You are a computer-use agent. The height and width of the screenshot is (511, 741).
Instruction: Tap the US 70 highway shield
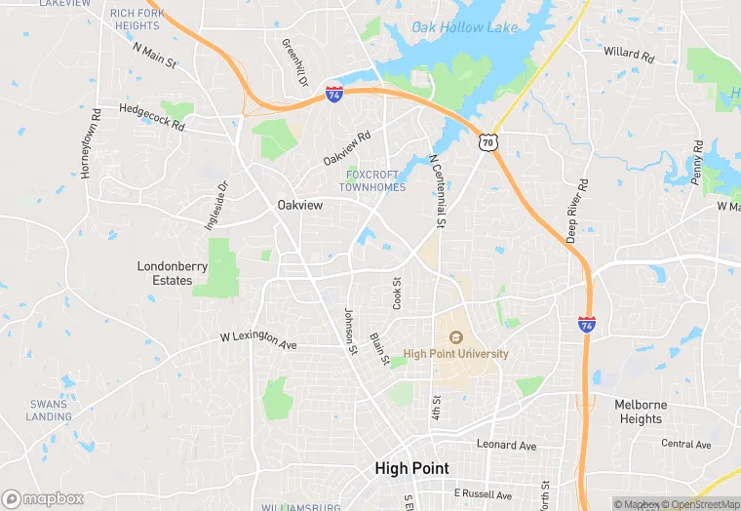pyautogui.click(x=488, y=142)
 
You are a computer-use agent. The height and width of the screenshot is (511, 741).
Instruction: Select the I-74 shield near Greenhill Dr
pyautogui.click(x=334, y=95)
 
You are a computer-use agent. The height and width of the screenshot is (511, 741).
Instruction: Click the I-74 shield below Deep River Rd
pyautogui.click(x=586, y=323)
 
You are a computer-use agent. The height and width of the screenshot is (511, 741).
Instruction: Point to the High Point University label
pyautogui.click(x=455, y=354)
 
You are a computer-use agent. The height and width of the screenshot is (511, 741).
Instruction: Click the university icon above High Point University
pyautogui.click(x=455, y=337)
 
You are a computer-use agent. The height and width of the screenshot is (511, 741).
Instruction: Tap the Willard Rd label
pyautogui.click(x=628, y=53)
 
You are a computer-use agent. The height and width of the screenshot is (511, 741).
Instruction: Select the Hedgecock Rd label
pyautogui.click(x=151, y=118)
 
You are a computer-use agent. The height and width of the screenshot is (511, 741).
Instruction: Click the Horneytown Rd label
pyautogui.click(x=90, y=141)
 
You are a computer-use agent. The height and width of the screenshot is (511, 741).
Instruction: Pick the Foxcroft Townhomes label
pyautogui.click(x=371, y=180)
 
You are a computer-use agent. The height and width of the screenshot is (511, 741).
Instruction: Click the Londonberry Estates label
pyautogui.click(x=165, y=272)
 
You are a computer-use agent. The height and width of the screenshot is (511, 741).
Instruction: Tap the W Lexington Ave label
pyautogui.click(x=258, y=340)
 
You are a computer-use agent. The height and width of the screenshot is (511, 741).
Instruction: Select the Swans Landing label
pyautogui.click(x=49, y=410)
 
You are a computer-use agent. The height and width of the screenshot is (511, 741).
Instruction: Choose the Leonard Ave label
pyautogui.click(x=506, y=445)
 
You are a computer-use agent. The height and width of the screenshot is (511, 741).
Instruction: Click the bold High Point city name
pyautogui.click(x=411, y=469)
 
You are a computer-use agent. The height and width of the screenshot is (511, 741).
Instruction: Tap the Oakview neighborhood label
pyautogui.click(x=300, y=205)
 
